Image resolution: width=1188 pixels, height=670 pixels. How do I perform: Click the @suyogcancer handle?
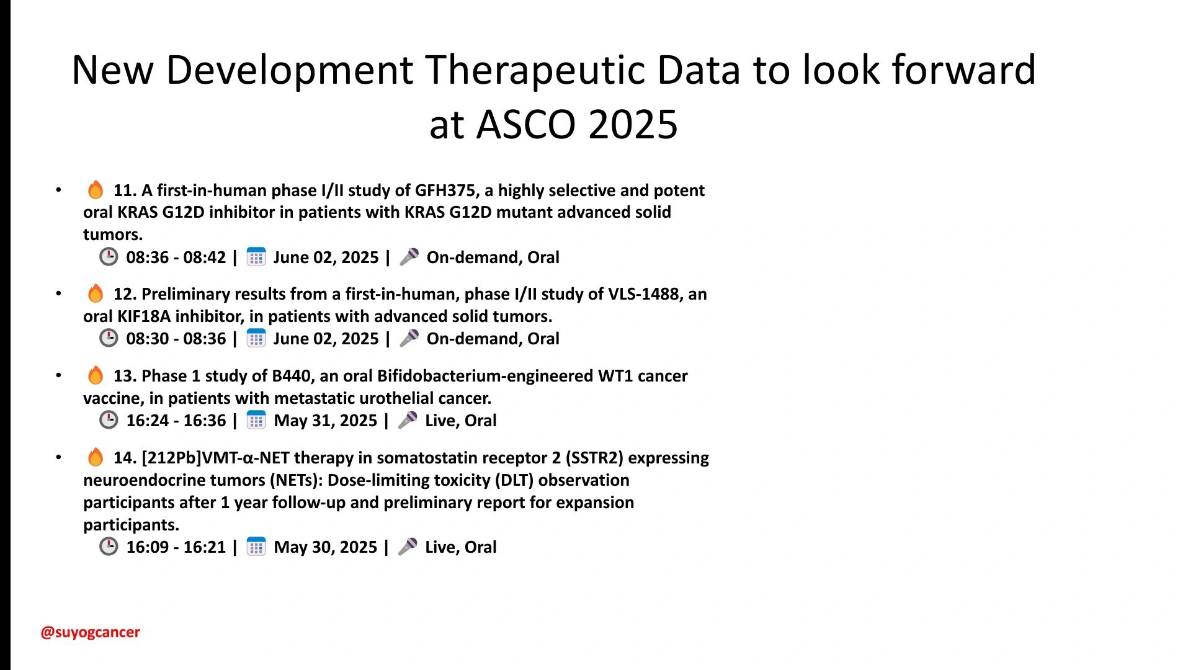point(90,632)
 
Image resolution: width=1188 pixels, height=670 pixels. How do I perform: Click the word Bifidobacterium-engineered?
point(485,376)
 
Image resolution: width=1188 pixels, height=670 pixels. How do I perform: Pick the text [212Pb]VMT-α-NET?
point(215,458)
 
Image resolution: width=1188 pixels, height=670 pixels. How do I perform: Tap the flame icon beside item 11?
point(96,189)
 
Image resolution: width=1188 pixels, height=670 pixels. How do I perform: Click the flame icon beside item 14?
point(96,457)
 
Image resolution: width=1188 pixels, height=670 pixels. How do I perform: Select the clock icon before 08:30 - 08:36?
point(109,338)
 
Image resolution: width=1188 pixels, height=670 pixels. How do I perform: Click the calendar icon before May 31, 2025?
point(256,420)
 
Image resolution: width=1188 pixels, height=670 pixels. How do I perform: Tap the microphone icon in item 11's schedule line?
point(409,257)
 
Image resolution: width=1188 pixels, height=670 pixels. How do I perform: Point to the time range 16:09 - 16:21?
point(176,547)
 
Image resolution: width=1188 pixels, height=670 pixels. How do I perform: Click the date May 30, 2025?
point(325,547)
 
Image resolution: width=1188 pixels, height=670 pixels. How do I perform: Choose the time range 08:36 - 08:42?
point(176,257)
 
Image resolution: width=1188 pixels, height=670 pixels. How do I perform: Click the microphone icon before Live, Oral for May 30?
point(408,547)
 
